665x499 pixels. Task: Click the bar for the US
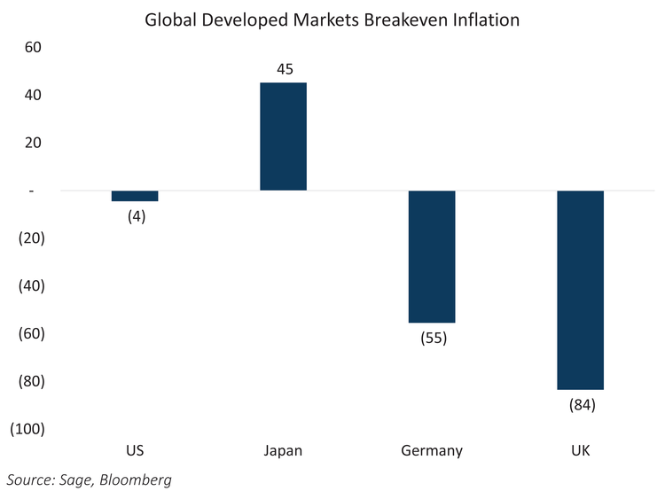click(135, 196)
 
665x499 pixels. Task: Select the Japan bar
click(283, 136)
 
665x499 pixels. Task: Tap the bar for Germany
click(432, 256)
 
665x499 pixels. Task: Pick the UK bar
click(580, 290)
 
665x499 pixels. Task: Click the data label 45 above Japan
click(283, 67)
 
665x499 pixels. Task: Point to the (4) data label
click(135, 216)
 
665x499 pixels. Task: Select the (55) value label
click(432, 338)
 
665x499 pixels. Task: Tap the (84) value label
click(581, 405)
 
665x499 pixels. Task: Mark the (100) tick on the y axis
click(27, 429)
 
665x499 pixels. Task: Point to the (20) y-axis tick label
click(31, 238)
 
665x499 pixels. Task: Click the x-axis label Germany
click(432, 451)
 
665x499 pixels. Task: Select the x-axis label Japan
click(283, 451)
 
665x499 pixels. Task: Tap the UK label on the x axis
click(581, 451)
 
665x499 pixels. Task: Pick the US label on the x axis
click(135, 451)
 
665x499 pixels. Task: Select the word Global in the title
click(171, 19)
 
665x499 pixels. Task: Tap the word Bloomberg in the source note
click(137, 480)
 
